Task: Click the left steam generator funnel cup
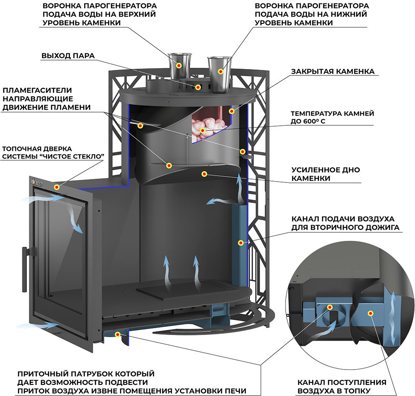[179, 66]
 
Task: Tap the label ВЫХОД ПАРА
[68, 56]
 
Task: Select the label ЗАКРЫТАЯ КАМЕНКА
[333, 72]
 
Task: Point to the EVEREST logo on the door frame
[37, 182]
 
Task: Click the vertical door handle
[25, 269]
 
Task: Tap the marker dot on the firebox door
[57, 187]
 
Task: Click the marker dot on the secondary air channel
[240, 243]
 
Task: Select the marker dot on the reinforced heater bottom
[204, 174]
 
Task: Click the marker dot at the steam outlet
[198, 87]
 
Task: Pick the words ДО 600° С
[308, 121]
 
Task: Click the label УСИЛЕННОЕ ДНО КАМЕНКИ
[325, 174]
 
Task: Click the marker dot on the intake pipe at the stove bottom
[117, 335]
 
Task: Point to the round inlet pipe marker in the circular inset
[330, 307]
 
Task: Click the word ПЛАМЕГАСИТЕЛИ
[37, 90]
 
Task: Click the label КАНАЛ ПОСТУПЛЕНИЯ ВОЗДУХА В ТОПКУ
[342, 387]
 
